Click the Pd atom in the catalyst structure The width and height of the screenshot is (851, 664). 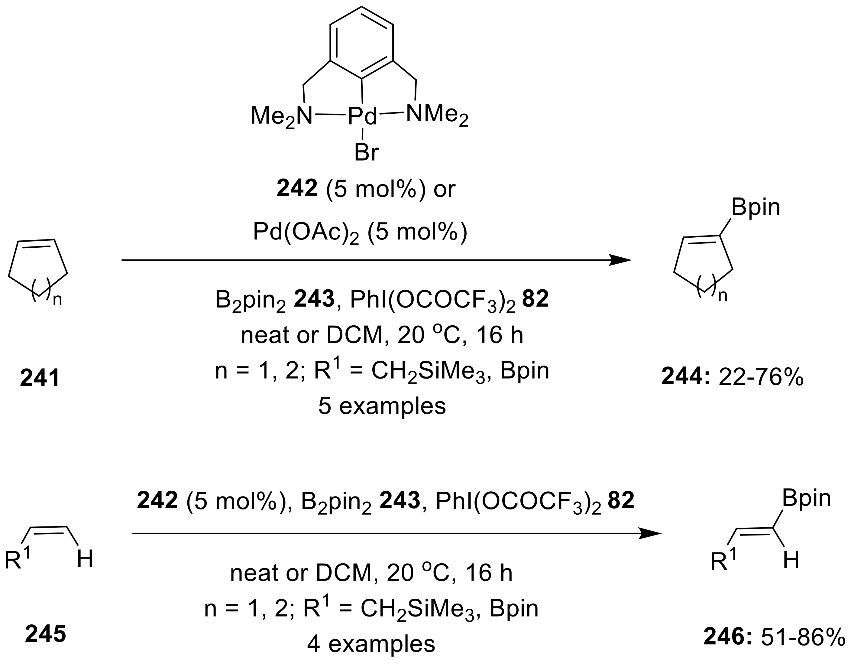pyautogui.click(x=362, y=116)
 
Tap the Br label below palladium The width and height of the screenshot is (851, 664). pyautogui.click(x=366, y=153)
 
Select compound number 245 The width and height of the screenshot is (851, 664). pyautogui.click(x=46, y=634)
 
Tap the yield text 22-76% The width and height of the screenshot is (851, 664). pyautogui.click(x=761, y=377)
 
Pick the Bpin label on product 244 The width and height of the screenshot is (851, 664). pyautogui.click(x=756, y=207)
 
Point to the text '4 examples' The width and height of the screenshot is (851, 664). pyautogui.click(x=370, y=644)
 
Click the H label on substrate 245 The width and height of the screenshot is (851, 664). pyautogui.click(x=85, y=559)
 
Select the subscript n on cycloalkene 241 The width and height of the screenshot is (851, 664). pyautogui.click(x=57, y=300)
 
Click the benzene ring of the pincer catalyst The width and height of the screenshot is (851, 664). pyautogui.click(x=362, y=43)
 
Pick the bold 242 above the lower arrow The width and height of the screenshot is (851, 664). pyautogui.click(x=157, y=501)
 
